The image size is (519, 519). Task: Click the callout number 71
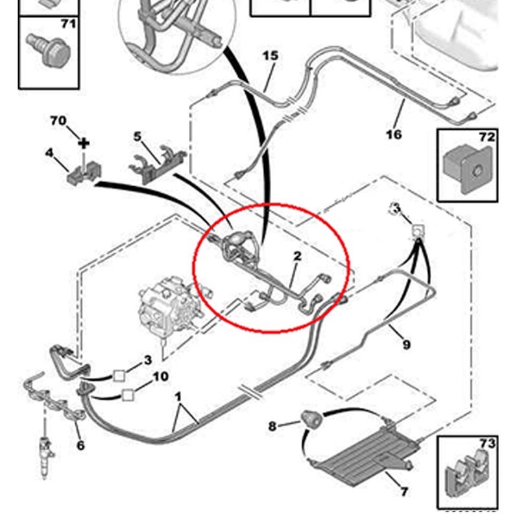click(x=67, y=25)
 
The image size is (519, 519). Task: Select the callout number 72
click(x=487, y=137)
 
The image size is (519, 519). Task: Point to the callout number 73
click(x=487, y=444)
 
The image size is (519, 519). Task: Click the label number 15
click(x=271, y=55)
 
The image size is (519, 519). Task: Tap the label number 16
click(x=394, y=134)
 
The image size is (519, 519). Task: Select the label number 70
click(x=58, y=121)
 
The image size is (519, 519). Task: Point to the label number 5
click(x=138, y=136)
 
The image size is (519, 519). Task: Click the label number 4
click(x=49, y=153)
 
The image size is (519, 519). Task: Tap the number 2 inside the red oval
click(x=297, y=256)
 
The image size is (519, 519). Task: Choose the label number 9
click(x=406, y=344)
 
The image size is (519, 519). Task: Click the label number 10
click(x=160, y=376)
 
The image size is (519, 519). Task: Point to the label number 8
click(x=272, y=426)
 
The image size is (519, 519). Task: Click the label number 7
click(x=405, y=492)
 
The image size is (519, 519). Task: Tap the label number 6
click(x=80, y=445)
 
